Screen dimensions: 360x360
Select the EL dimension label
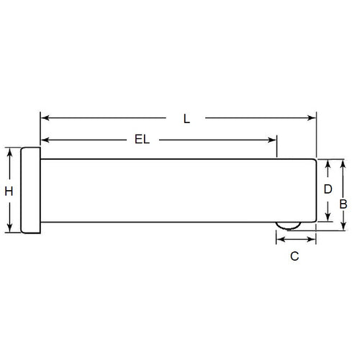click(142, 140)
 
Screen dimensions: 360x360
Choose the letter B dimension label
click(345, 204)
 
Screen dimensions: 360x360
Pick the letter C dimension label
click(294, 256)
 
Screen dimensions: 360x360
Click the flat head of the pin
click(30, 190)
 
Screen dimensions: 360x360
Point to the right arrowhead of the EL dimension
click(273, 139)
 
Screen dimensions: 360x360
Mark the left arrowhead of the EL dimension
click(44, 139)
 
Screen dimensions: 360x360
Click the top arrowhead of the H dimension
click(9, 152)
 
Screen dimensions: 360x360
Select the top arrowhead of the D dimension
click(328, 164)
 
